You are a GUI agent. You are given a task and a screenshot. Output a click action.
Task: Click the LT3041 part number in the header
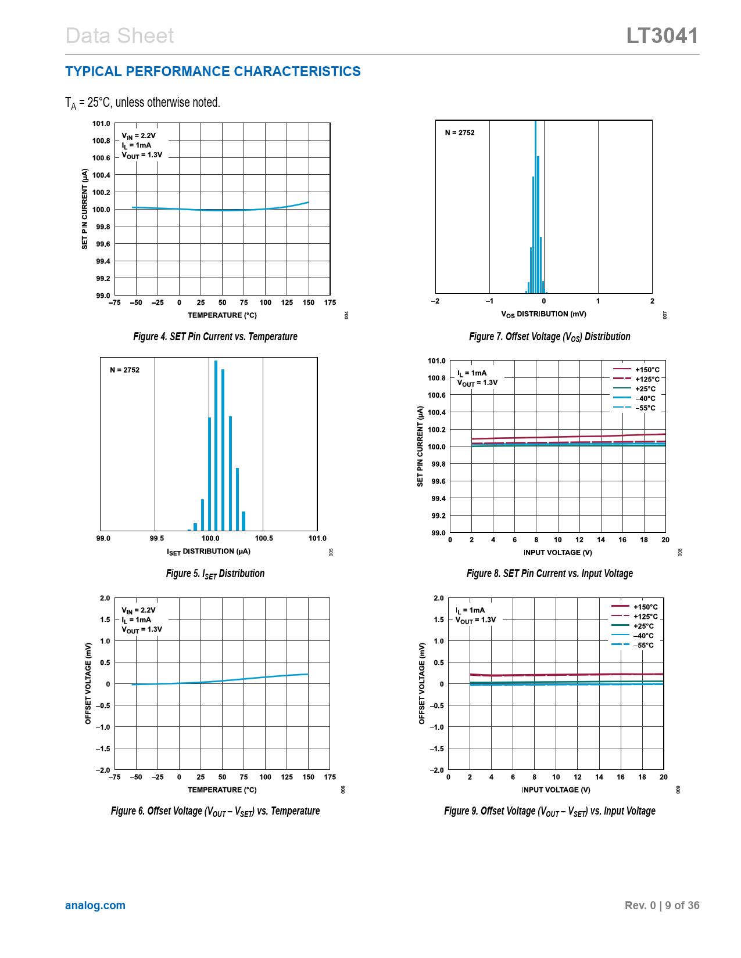pyautogui.click(x=662, y=36)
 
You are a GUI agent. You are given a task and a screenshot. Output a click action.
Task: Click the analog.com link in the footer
pyautogui.click(x=95, y=905)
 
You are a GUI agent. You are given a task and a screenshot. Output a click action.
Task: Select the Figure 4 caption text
pyautogui.click(x=215, y=337)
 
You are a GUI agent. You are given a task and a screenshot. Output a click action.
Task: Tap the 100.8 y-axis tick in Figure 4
pyautogui.click(x=101, y=141)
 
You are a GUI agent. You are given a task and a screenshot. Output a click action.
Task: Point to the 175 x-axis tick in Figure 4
pyautogui.click(x=330, y=302)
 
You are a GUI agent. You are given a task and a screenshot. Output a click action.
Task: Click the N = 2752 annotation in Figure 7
pyautogui.click(x=460, y=133)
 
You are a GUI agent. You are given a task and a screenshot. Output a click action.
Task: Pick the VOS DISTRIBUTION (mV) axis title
pyautogui.click(x=543, y=314)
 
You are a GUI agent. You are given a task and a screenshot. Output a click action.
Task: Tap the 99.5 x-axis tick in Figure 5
pyautogui.click(x=157, y=538)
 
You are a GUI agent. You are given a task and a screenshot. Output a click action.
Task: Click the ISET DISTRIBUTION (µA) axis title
pyautogui.click(x=209, y=552)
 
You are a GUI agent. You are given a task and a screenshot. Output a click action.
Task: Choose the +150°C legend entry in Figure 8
pyautogui.click(x=637, y=370)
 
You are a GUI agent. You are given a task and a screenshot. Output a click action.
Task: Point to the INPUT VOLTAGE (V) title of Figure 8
pyautogui.click(x=557, y=553)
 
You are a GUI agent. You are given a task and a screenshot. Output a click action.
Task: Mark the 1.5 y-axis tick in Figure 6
pyautogui.click(x=105, y=620)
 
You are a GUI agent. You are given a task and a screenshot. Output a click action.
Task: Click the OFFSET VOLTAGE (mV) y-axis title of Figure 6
pyautogui.click(x=88, y=683)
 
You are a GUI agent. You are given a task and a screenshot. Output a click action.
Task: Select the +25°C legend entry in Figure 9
pyautogui.click(x=633, y=626)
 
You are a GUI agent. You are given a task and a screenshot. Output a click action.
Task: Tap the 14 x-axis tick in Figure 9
pyautogui.click(x=599, y=777)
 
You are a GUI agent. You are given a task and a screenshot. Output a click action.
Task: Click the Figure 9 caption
pyautogui.click(x=549, y=811)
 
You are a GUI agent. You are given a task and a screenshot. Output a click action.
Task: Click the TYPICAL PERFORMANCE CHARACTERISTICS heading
pyautogui.click(x=213, y=71)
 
